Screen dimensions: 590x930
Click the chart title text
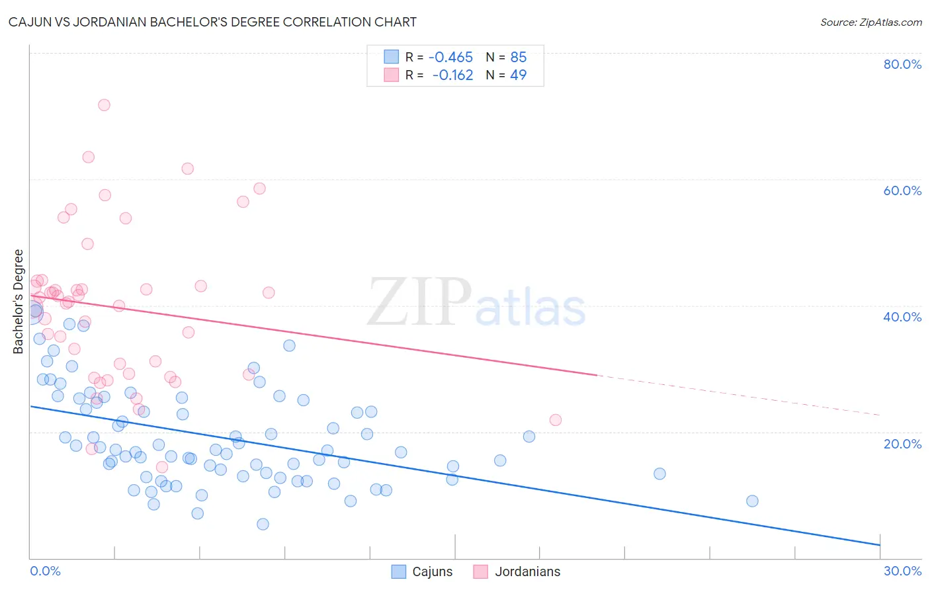point(212,22)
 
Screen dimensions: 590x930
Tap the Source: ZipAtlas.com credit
point(870,22)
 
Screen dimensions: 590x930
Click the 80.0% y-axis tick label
point(902,64)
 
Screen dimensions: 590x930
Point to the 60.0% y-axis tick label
point(902,190)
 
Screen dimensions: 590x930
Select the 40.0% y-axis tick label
point(902,317)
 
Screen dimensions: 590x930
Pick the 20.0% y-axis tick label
point(902,443)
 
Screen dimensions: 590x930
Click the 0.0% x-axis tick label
point(45,571)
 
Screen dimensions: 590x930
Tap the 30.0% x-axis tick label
point(902,571)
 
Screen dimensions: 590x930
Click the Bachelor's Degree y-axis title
point(19,302)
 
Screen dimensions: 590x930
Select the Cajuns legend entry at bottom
point(422,571)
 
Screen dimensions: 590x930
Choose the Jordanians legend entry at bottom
point(517,571)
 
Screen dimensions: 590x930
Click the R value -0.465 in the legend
point(450,58)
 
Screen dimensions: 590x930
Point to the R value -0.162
point(452,75)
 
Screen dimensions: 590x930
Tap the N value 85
point(518,58)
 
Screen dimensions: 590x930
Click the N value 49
point(518,75)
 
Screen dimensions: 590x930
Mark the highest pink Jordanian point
point(104,105)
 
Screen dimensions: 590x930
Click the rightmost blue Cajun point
point(752,501)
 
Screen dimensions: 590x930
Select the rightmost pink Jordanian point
point(556,420)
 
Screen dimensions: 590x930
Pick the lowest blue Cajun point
point(263,524)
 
